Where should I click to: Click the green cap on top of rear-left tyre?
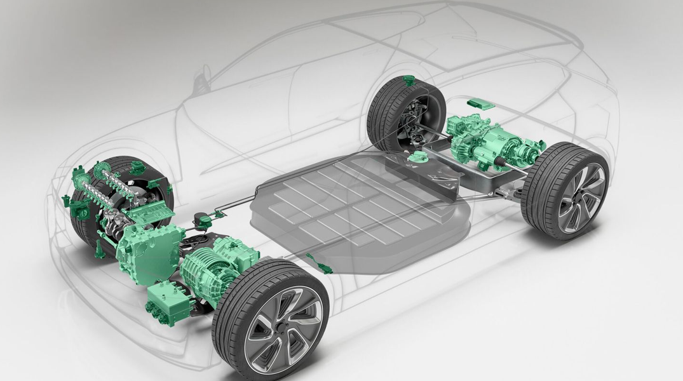click(408, 81)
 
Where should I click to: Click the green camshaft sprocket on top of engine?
click(102, 171)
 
